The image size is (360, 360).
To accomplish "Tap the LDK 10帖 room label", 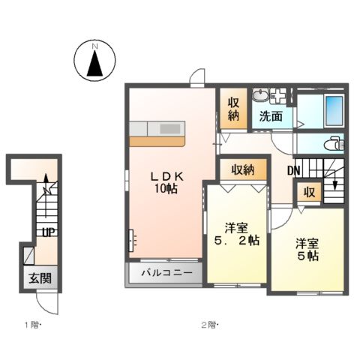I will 166,182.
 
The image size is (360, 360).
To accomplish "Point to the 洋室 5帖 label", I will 306,250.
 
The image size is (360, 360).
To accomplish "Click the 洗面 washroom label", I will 271,116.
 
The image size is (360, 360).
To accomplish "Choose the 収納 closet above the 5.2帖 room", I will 242,169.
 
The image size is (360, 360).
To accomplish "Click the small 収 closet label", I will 309,192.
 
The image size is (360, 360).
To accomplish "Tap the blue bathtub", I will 333,111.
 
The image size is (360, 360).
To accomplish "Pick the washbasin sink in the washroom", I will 261,95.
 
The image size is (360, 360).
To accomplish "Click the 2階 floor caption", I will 208,325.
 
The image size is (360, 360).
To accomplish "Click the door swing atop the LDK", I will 197,77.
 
